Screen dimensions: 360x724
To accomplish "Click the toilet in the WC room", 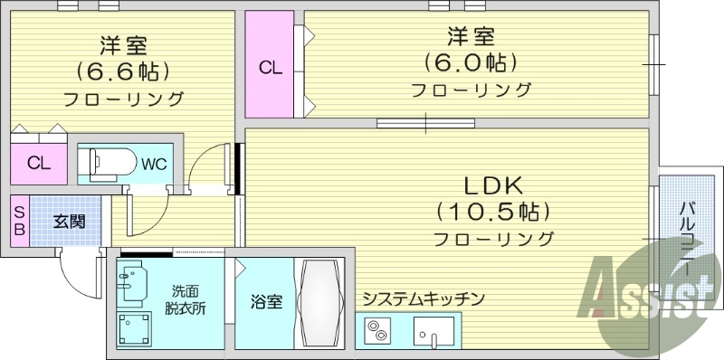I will coord(104,164).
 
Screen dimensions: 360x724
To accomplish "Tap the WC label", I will coord(152,164).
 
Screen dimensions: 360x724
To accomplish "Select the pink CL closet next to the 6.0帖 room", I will coord(270,66).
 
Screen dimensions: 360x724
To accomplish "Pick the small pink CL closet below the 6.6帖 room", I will coord(38,163).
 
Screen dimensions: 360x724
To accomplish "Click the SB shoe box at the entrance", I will coord(19,220).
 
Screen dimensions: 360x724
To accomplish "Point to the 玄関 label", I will coord(68,220).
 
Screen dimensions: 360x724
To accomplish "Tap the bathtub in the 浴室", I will coord(320,302).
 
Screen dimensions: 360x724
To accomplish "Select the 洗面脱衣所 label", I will coord(185,299).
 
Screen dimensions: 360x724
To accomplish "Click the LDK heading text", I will coord(493,185).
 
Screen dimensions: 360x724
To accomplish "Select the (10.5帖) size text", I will coord(493,212).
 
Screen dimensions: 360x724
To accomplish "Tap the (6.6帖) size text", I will coord(124,71).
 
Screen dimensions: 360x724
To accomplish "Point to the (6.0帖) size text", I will coord(471,63).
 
